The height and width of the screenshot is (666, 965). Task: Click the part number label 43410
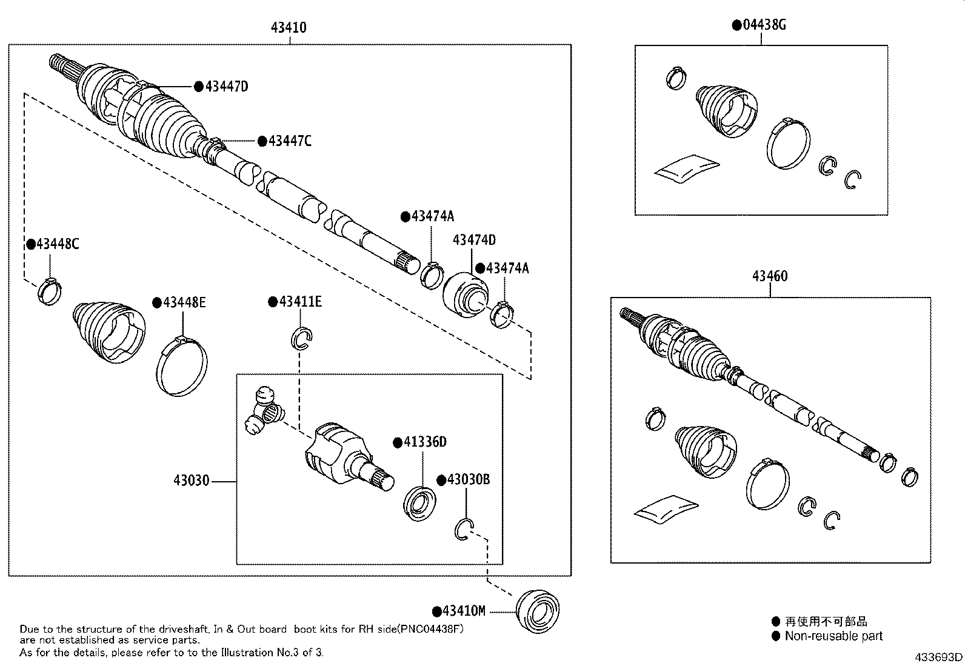(289, 27)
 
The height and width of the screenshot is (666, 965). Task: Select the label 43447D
(226, 87)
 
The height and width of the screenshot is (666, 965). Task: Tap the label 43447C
(289, 141)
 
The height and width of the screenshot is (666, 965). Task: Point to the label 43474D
(474, 240)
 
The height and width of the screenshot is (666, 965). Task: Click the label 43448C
(57, 244)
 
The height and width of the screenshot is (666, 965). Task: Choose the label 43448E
(184, 302)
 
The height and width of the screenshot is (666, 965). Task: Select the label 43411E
(300, 302)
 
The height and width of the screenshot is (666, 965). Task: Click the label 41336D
(424, 442)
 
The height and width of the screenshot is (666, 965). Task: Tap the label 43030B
(468, 479)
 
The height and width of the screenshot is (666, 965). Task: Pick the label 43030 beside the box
(191, 481)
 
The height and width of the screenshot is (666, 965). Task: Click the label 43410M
(464, 611)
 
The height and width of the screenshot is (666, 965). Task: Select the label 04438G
(764, 25)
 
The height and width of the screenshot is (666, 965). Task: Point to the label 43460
(770, 276)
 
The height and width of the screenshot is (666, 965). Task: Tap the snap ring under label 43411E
(302, 338)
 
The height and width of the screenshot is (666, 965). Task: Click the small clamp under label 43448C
(50, 291)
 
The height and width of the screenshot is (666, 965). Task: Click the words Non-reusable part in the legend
(833, 636)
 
